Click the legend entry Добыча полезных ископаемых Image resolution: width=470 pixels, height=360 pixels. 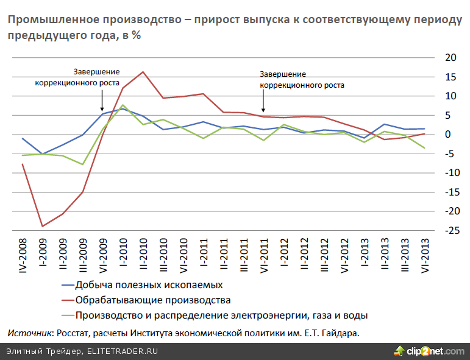(149, 284)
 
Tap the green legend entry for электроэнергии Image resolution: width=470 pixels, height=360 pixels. (221, 315)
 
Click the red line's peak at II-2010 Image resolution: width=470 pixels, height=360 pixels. (143, 72)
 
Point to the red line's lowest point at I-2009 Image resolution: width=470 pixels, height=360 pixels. (43, 226)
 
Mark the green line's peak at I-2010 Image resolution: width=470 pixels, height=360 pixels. (123, 105)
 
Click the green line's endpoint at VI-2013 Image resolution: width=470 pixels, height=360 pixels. (424, 148)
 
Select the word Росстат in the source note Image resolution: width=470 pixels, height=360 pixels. (74, 333)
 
